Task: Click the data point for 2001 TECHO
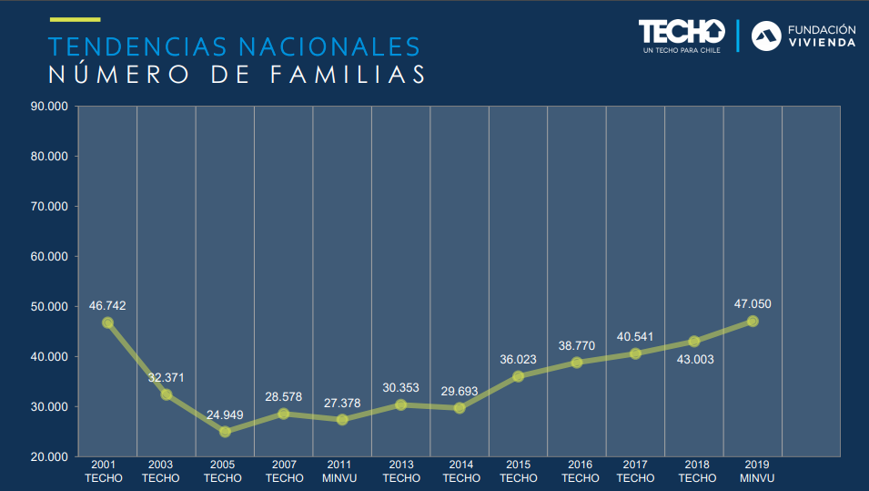[x=107, y=322]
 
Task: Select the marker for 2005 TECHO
[x=225, y=432]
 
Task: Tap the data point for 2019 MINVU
[x=753, y=321]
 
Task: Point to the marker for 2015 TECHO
[x=518, y=376]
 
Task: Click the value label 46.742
[x=107, y=305]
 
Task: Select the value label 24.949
[x=224, y=414]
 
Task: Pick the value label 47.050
[x=753, y=303]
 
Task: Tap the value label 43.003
[x=694, y=359]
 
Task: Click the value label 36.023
[x=518, y=359]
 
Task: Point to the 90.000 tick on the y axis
[x=49, y=106]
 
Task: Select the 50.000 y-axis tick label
[x=49, y=306]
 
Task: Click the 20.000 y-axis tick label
[x=49, y=456]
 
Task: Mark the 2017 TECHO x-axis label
[x=635, y=472]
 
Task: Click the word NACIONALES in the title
[x=328, y=46]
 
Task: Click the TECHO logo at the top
[x=682, y=34]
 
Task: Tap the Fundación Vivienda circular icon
[x=765, y=36]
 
